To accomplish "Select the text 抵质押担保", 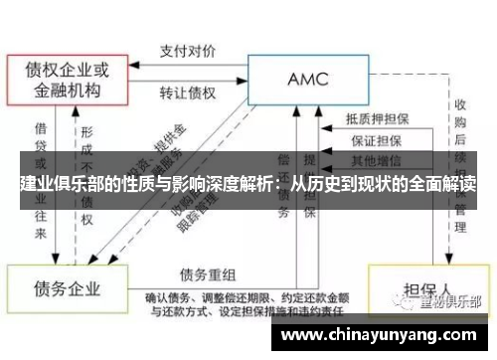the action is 377,117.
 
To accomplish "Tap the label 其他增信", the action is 377,160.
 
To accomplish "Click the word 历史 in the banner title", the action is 323,185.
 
